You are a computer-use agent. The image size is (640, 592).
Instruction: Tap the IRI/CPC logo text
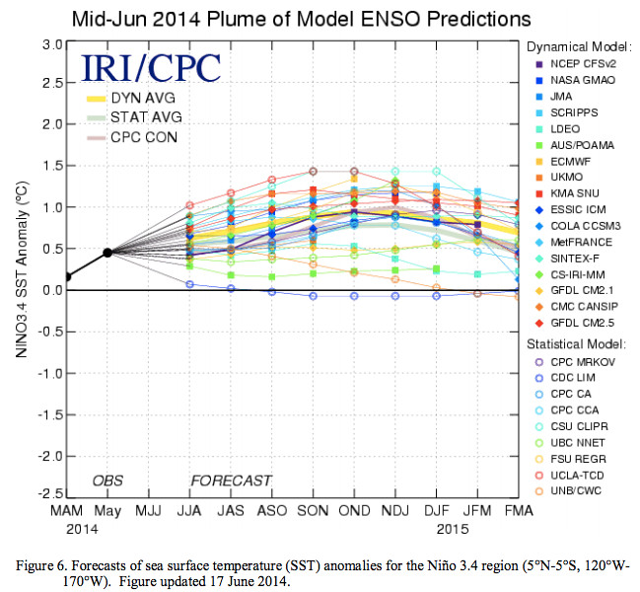coord(150,66)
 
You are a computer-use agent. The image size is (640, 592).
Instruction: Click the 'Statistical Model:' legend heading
coord(576,344)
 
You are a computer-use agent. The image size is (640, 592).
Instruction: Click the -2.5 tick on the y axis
coord(50,491)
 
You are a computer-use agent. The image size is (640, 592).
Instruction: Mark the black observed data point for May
coord(107,253)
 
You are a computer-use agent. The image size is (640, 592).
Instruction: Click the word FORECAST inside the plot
coord(231,481)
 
